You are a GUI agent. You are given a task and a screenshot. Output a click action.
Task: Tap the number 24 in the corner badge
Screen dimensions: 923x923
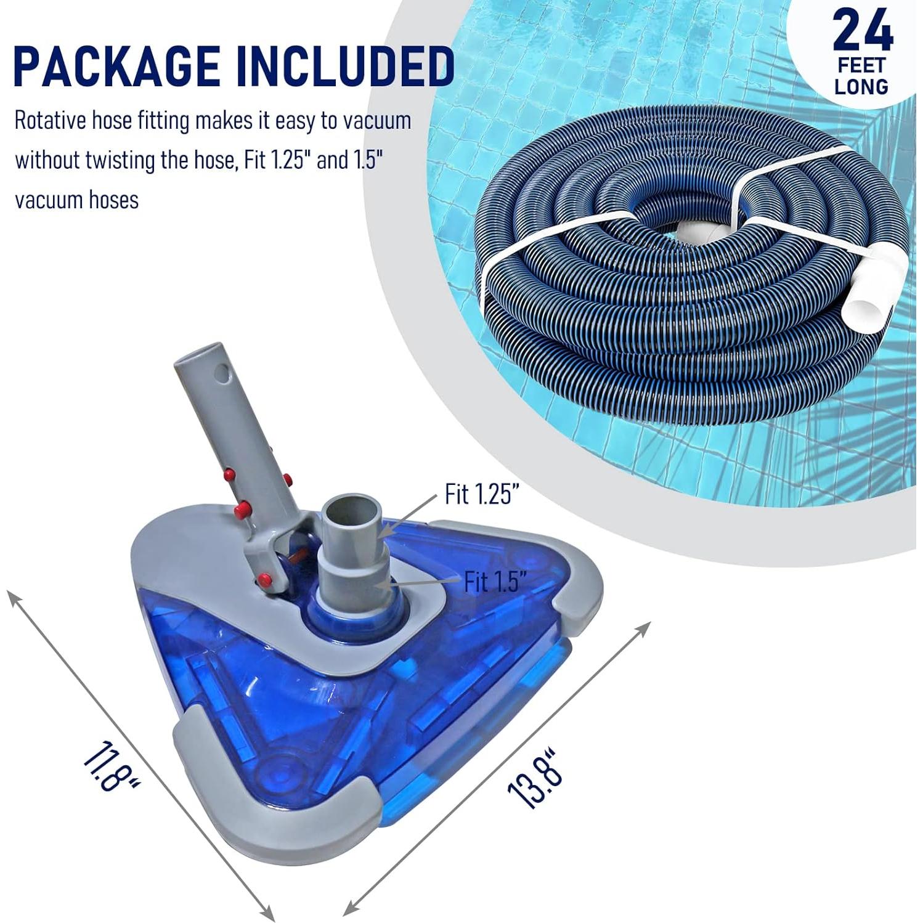[862, 31]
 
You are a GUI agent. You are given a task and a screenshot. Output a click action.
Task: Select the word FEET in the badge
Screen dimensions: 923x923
[861, 65]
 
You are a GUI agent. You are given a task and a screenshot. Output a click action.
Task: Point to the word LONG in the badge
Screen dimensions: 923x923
[861, 87]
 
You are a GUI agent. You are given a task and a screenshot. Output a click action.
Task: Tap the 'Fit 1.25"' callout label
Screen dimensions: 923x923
[482, 494]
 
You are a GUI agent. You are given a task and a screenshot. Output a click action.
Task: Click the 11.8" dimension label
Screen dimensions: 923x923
[110, 768]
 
